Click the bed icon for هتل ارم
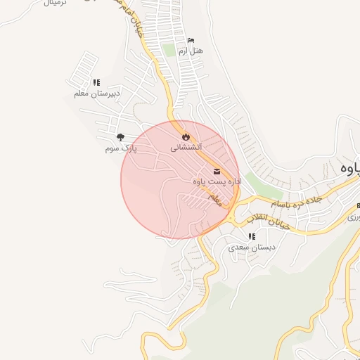tap(191, 41)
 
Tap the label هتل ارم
tap(191, 51)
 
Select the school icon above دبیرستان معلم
tap(96, 83)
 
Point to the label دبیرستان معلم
tap(97, 94)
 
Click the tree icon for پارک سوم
tap(121, 138)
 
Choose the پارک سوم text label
tap(120, 148)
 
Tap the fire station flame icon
tap(186, 136)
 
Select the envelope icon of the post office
tap(217, 172)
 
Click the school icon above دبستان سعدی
tap(252, 236)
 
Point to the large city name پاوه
tap(351, 169)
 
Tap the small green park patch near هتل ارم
tap(168, 50)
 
